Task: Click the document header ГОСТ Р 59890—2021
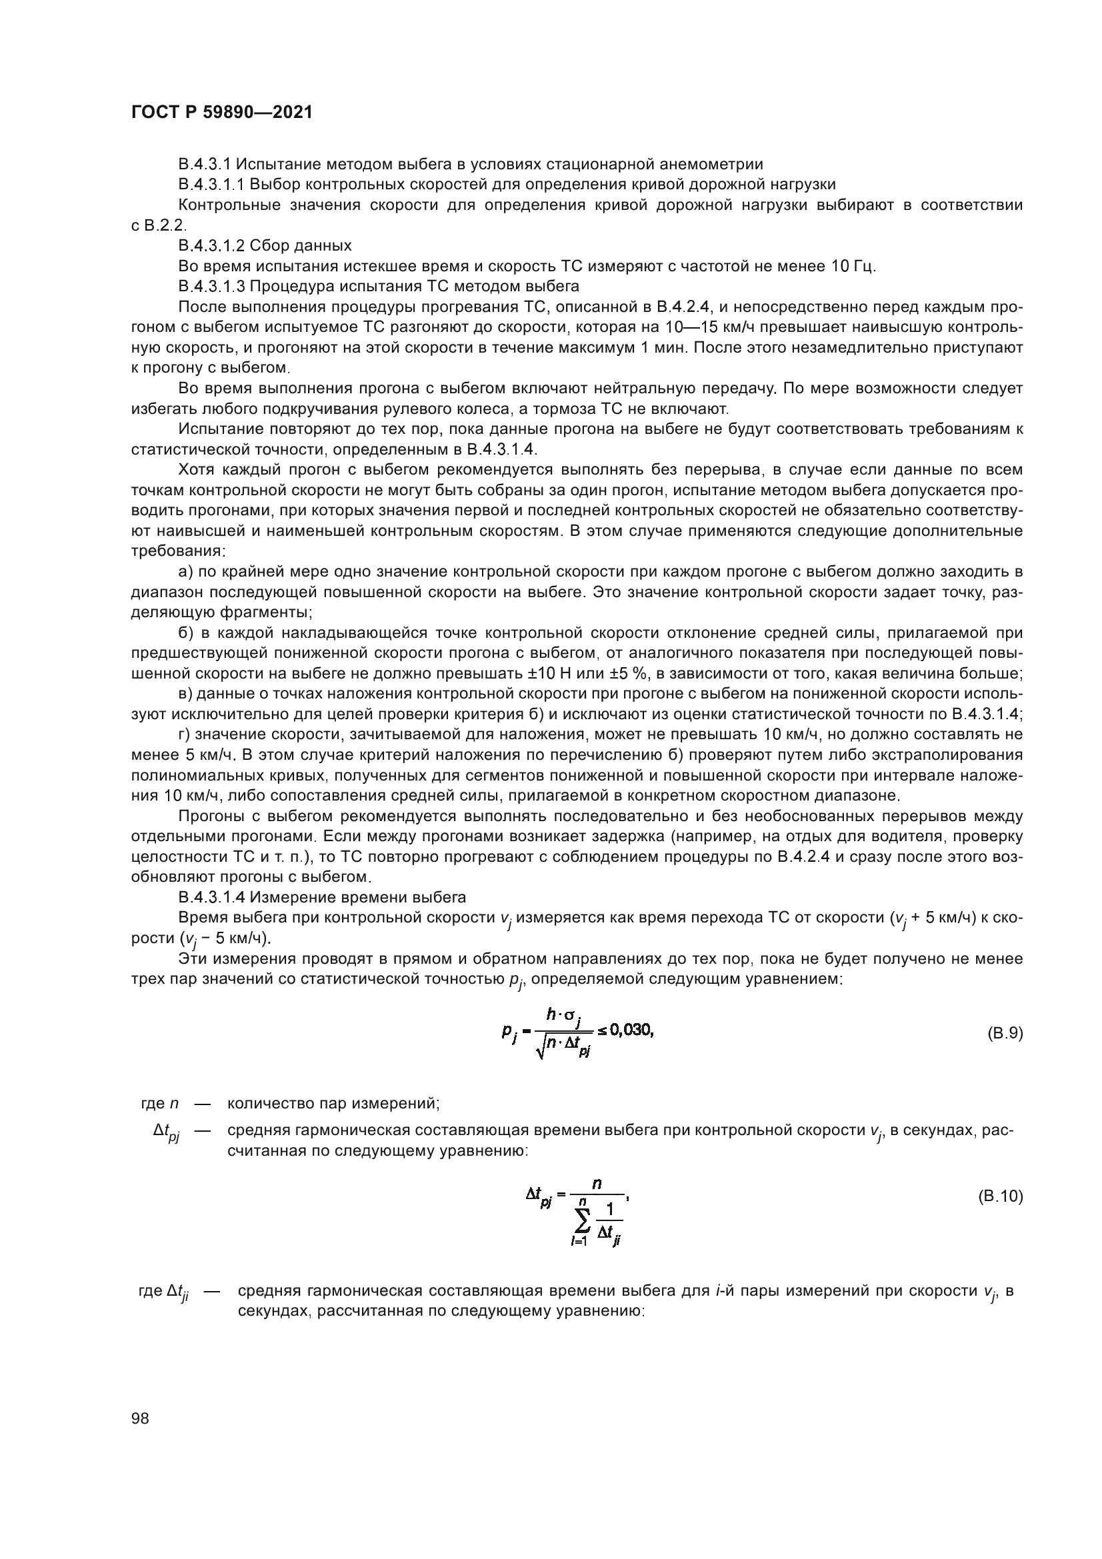221,113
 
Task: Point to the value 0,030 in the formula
631,1030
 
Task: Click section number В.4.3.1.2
213,246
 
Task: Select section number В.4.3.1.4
213,898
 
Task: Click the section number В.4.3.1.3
213,287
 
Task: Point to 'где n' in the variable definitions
155,1103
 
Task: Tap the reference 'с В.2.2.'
157,225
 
